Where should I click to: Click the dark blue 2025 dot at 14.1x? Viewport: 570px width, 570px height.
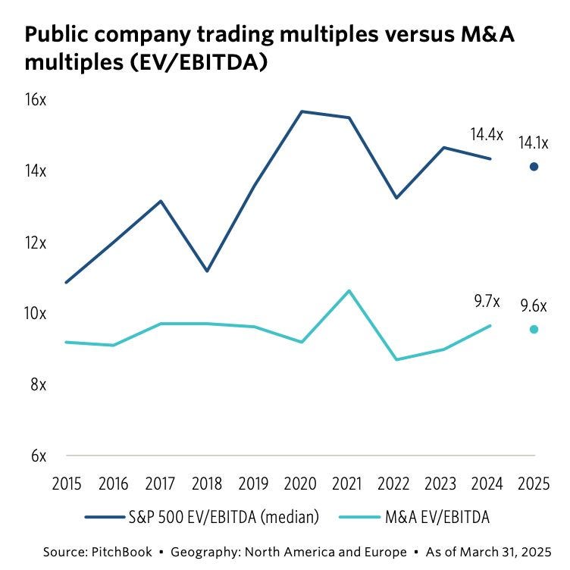(534, 167)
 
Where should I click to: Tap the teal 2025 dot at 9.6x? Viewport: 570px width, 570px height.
(534, 329)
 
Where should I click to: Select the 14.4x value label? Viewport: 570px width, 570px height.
(487, 135)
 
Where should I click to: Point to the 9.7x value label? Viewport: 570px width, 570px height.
(487, 301)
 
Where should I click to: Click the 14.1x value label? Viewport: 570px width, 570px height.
(534, 142)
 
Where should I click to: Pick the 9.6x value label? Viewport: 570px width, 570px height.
(534, 305)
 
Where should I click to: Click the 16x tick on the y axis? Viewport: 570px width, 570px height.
(36, 100)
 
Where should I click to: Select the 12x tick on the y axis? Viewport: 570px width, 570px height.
(36, 243)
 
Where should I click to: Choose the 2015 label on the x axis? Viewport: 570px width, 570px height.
(66, 483)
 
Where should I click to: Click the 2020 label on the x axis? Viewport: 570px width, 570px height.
(301, 483)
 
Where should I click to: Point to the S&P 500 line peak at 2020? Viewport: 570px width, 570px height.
(302, 111)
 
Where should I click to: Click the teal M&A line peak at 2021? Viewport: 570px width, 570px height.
(348, 290)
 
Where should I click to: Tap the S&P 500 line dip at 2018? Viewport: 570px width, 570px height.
(207, 271)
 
